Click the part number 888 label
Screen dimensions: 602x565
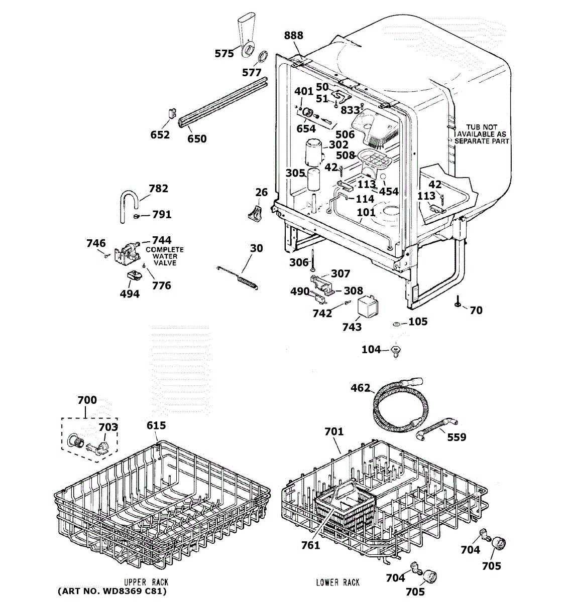point(294,35)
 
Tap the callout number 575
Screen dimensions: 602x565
point(224,54)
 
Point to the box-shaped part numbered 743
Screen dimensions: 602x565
point(367,307)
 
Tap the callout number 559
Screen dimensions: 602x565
point(456,437)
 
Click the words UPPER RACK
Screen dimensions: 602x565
point(146,582)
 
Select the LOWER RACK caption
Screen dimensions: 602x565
point(337,582)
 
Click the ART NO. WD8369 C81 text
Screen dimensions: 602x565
point(111,591)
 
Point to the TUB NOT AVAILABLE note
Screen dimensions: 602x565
point(482,134)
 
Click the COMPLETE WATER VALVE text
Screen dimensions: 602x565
point(165,256)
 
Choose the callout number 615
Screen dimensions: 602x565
point(156,425)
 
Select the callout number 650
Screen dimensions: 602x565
point(197,138)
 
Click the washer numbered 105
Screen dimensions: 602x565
point(397,325)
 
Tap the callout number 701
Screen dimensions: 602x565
point(334,431)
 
